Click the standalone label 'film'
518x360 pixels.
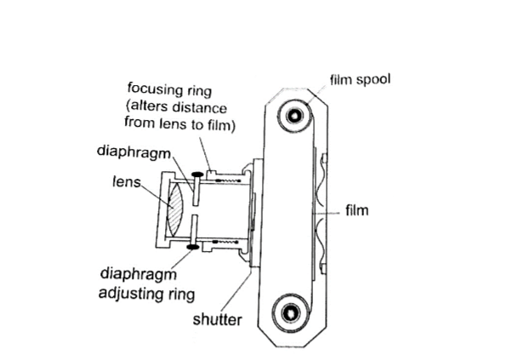pos(356,209)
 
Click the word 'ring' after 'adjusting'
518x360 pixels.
pos(182,294)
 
